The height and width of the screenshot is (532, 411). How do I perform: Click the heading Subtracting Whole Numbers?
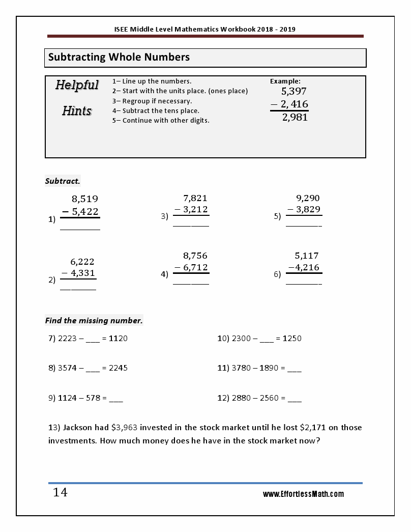tap(119, 58)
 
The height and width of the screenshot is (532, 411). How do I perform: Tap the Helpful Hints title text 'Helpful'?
tap(77, 85)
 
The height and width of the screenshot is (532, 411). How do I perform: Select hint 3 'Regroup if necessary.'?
tap(157, 101)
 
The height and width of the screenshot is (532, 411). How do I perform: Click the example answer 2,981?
tap(295, 118)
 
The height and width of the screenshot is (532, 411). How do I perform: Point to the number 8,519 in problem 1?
tap(85, 199)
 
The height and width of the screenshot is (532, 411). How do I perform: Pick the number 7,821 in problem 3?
tap(195, 199)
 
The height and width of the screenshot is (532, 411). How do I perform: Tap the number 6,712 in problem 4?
tap(195, 267)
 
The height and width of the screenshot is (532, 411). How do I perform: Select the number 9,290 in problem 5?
tap(308, 199)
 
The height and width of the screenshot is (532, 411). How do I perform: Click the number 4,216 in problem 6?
tap(307, 267)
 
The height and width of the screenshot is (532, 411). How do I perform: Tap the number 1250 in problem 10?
tap(292, 339)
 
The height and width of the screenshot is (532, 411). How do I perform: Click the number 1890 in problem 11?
tap(269, 368)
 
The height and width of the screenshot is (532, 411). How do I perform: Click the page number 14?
tap(60, 493)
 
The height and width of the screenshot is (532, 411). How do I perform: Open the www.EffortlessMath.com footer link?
tap(303, 494)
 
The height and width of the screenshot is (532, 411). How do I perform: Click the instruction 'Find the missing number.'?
tap(94, 321)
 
